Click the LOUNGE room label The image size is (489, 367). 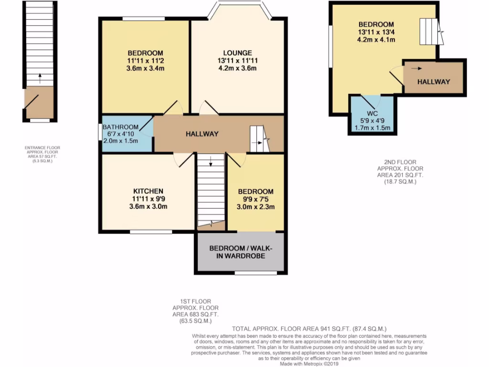click(x=237, y=53)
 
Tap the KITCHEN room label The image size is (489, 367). click(x=148, y=191)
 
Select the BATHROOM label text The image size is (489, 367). click(x=122, y=127)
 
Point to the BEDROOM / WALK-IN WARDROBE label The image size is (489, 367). click(x=240, y=252)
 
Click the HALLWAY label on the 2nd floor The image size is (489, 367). click(x=434, y=82)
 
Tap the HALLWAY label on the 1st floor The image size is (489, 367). click(x=202, y=134)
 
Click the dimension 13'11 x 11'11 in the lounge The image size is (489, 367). click(x=237, y=61)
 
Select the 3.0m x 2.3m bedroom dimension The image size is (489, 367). click(x=255, y=207)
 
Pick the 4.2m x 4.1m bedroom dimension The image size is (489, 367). click(x=377, y=40)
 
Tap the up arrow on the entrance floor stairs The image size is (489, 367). click(x=40, y=76)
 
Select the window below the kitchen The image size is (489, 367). click(x=151, y=232)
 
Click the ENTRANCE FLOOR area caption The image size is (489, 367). click(x=43, y=154)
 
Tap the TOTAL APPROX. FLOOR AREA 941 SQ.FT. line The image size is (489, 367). click(x=308, y=329)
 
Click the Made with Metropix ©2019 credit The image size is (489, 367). click(x=309, y=364)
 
